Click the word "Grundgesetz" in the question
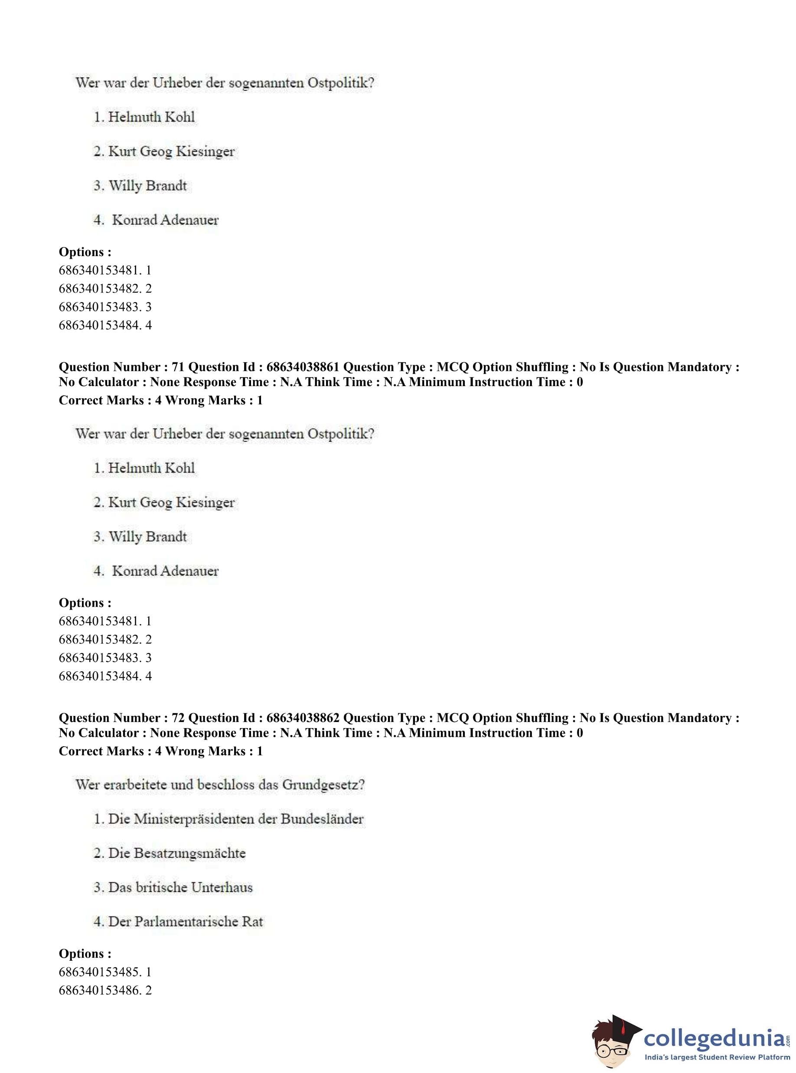(323, 785)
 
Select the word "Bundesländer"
(323, 819)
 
